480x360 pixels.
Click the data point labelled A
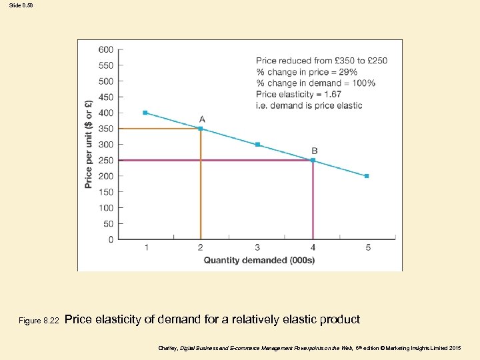(201, 128)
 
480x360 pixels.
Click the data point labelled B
(313, 160)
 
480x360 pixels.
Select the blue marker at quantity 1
(145, 113)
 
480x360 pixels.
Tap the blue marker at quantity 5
(367, 176)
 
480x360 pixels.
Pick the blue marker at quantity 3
(257, 144)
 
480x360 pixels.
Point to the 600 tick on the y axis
(105, 49)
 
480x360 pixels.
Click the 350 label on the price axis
(105, 129)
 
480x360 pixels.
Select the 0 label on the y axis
(111, 239)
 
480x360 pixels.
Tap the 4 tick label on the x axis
(313, 248)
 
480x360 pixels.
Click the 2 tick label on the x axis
(201, 248)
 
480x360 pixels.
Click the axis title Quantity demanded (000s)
(259, 260)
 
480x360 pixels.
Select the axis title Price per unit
(89, 143)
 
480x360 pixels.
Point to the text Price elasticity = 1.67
(299, 94)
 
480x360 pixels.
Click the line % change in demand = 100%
(315, 83)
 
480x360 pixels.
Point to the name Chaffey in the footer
(168, 349)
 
